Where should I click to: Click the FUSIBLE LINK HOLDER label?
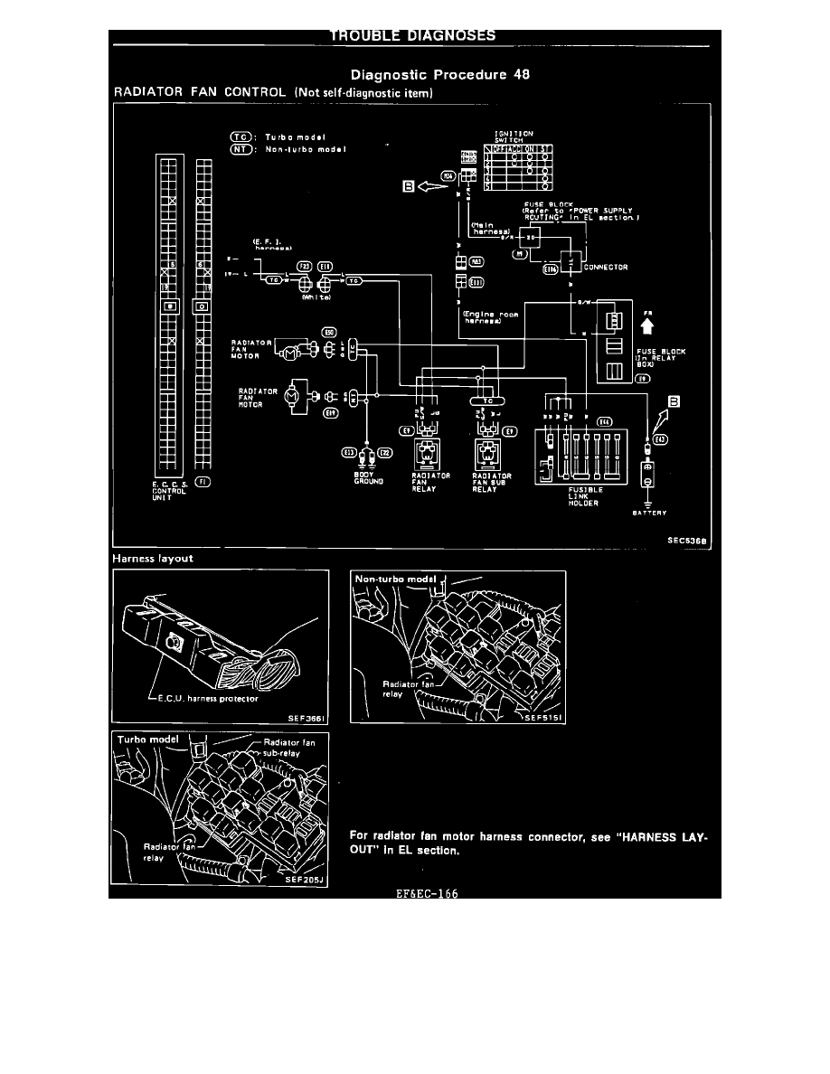click(x=554, y=498)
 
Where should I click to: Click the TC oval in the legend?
click(x=241, y=137)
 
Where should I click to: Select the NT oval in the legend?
click(x=241, y=148)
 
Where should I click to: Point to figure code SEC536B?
click(x=684, y=542)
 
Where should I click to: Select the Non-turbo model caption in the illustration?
click(x=394, y=579)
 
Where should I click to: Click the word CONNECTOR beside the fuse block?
click(x=606, y=268)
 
